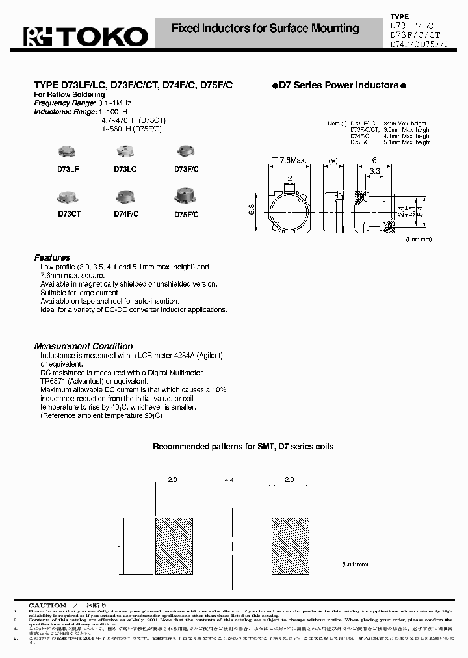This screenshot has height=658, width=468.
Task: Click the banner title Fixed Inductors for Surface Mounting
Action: pyautogui.click(x=265, y=29)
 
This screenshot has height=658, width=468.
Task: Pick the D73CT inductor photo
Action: pyautogui.click(x=68, y=196)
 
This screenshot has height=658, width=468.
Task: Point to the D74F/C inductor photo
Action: pyautogui.click(x=125, y=196)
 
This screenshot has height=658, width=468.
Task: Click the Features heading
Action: pyautogui.click(x=52, y=257)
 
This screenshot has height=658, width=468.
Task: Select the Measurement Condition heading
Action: pyautogui.click(x=83, y=346)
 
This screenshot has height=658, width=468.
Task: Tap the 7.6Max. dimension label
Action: pyautogui.click(x=292, y=160)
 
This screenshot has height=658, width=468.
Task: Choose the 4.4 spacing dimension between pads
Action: pyautogui.click(x=229, y=480)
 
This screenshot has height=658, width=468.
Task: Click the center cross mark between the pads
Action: pyautogui.click(x=232, y=546)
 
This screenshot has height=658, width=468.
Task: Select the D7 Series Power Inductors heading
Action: pyautogui.click(x=338, y=85)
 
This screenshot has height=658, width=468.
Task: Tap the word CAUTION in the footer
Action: pyautogui.click(x=47, y=605)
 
